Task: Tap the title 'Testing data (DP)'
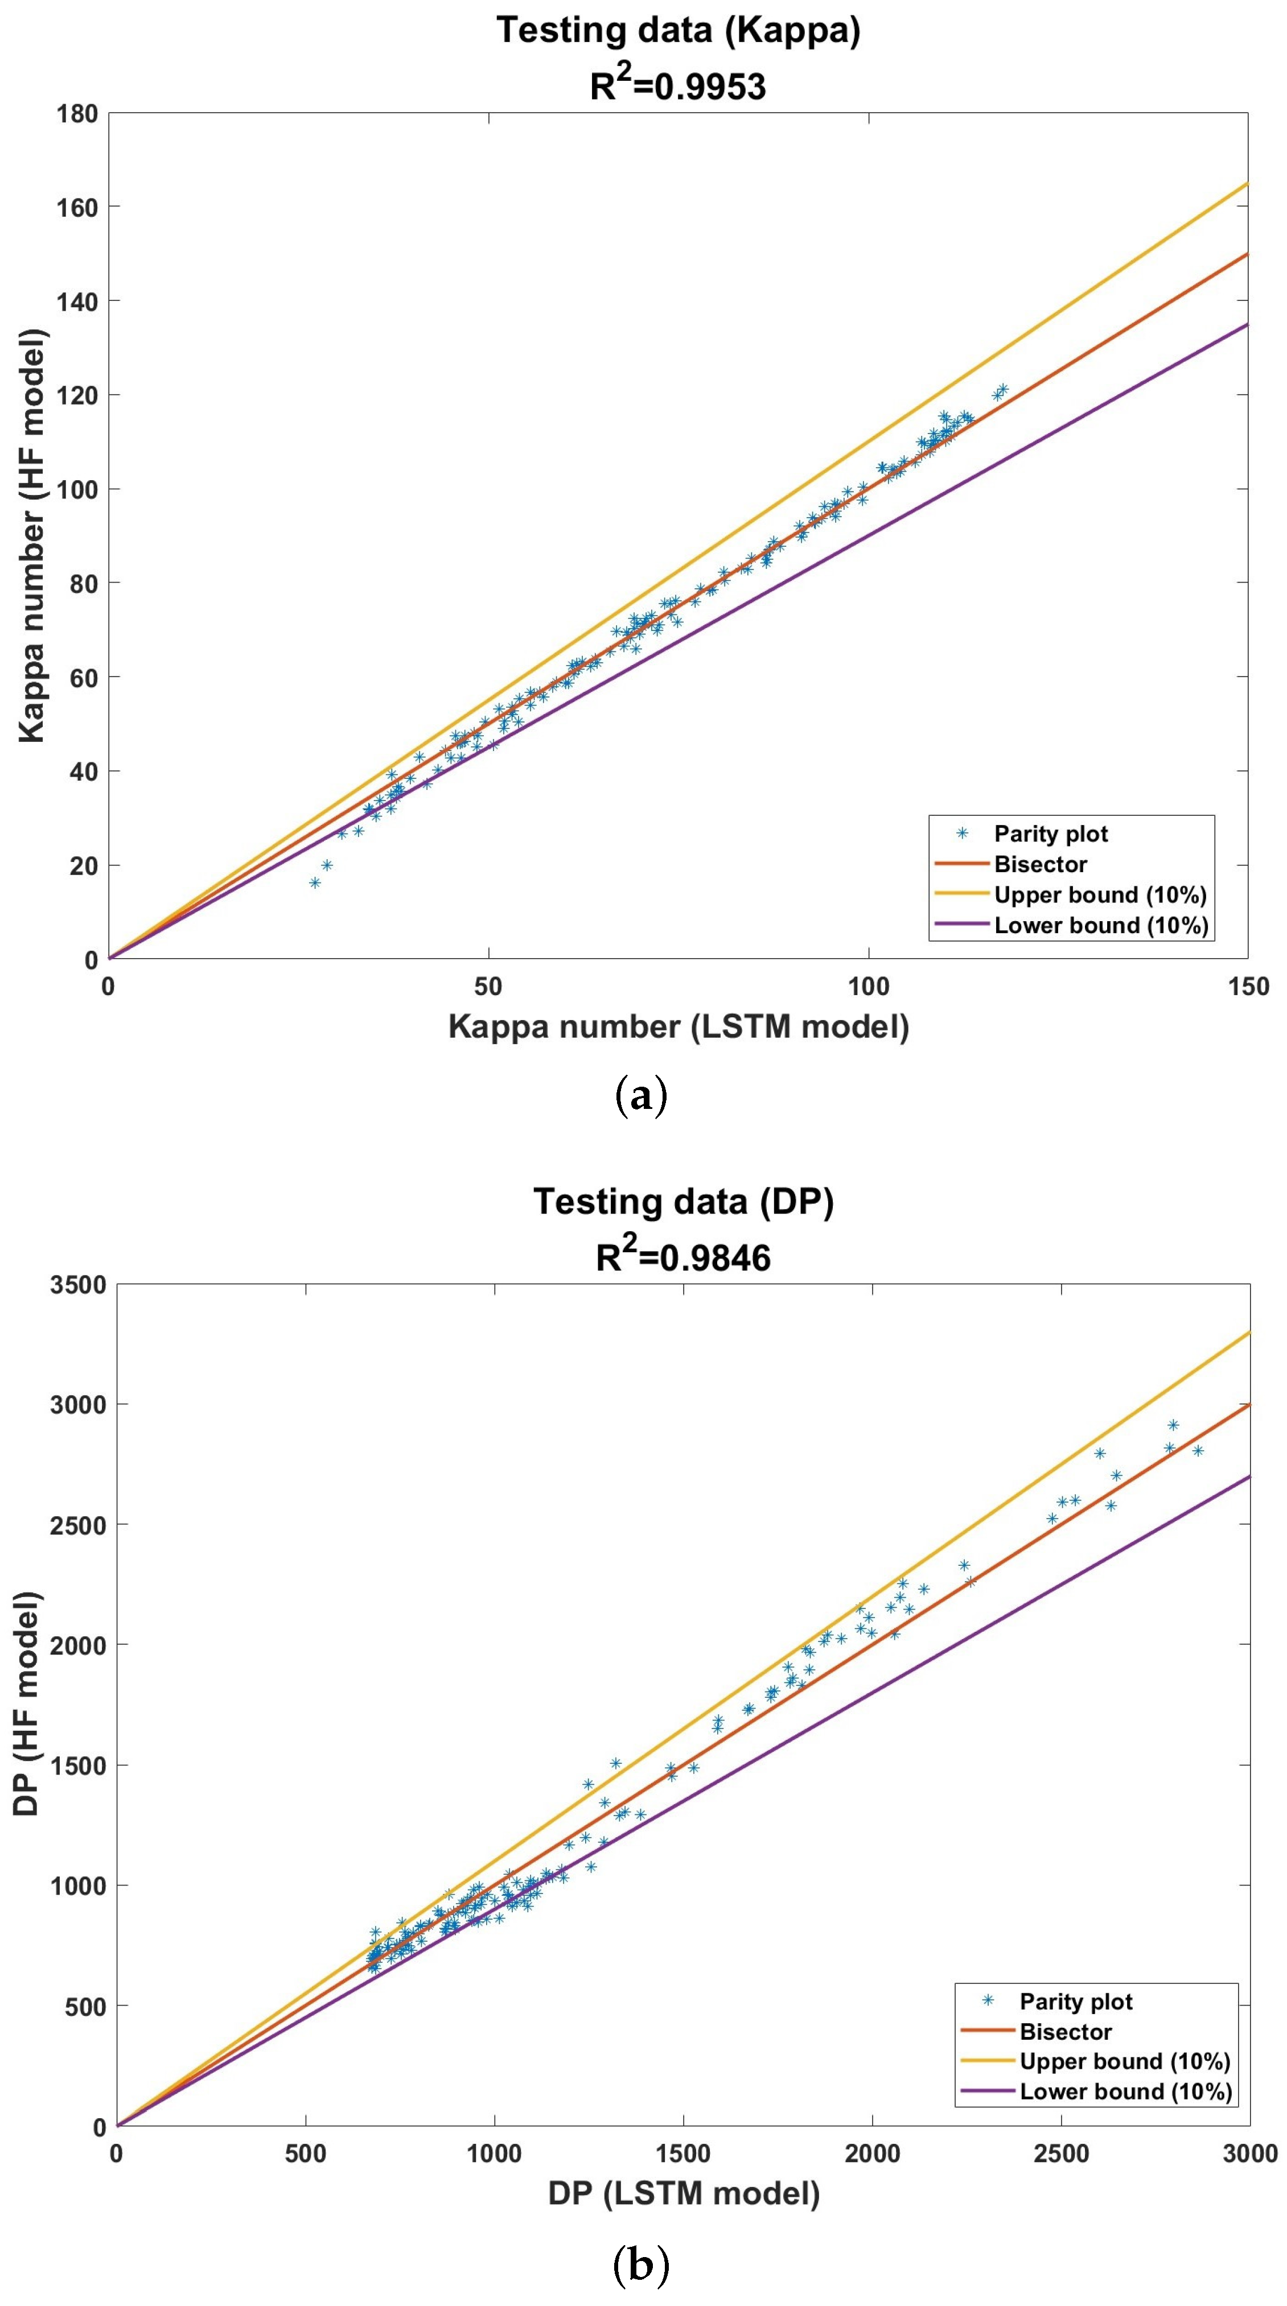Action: click(x=684, y=1201)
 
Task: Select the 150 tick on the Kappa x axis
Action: click(x=1248, y=987)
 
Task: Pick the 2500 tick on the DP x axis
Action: click(x=1060, y=2153)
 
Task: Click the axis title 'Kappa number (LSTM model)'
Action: click(x=678, y=1026)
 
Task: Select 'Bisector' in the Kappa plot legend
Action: click(x=1040, y=864)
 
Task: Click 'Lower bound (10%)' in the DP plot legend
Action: click(x=1125, y=2092)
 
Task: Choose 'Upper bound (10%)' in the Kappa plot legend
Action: click(x=1100, y=894)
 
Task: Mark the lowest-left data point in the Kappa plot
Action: click(x=314, y=882)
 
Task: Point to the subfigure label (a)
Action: click(x=642, y=1095)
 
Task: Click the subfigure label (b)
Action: click(x=642, y=2265)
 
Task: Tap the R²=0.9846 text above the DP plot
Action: click(x=684, y=1257)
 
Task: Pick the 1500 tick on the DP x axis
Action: click(x=684, y=2153)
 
